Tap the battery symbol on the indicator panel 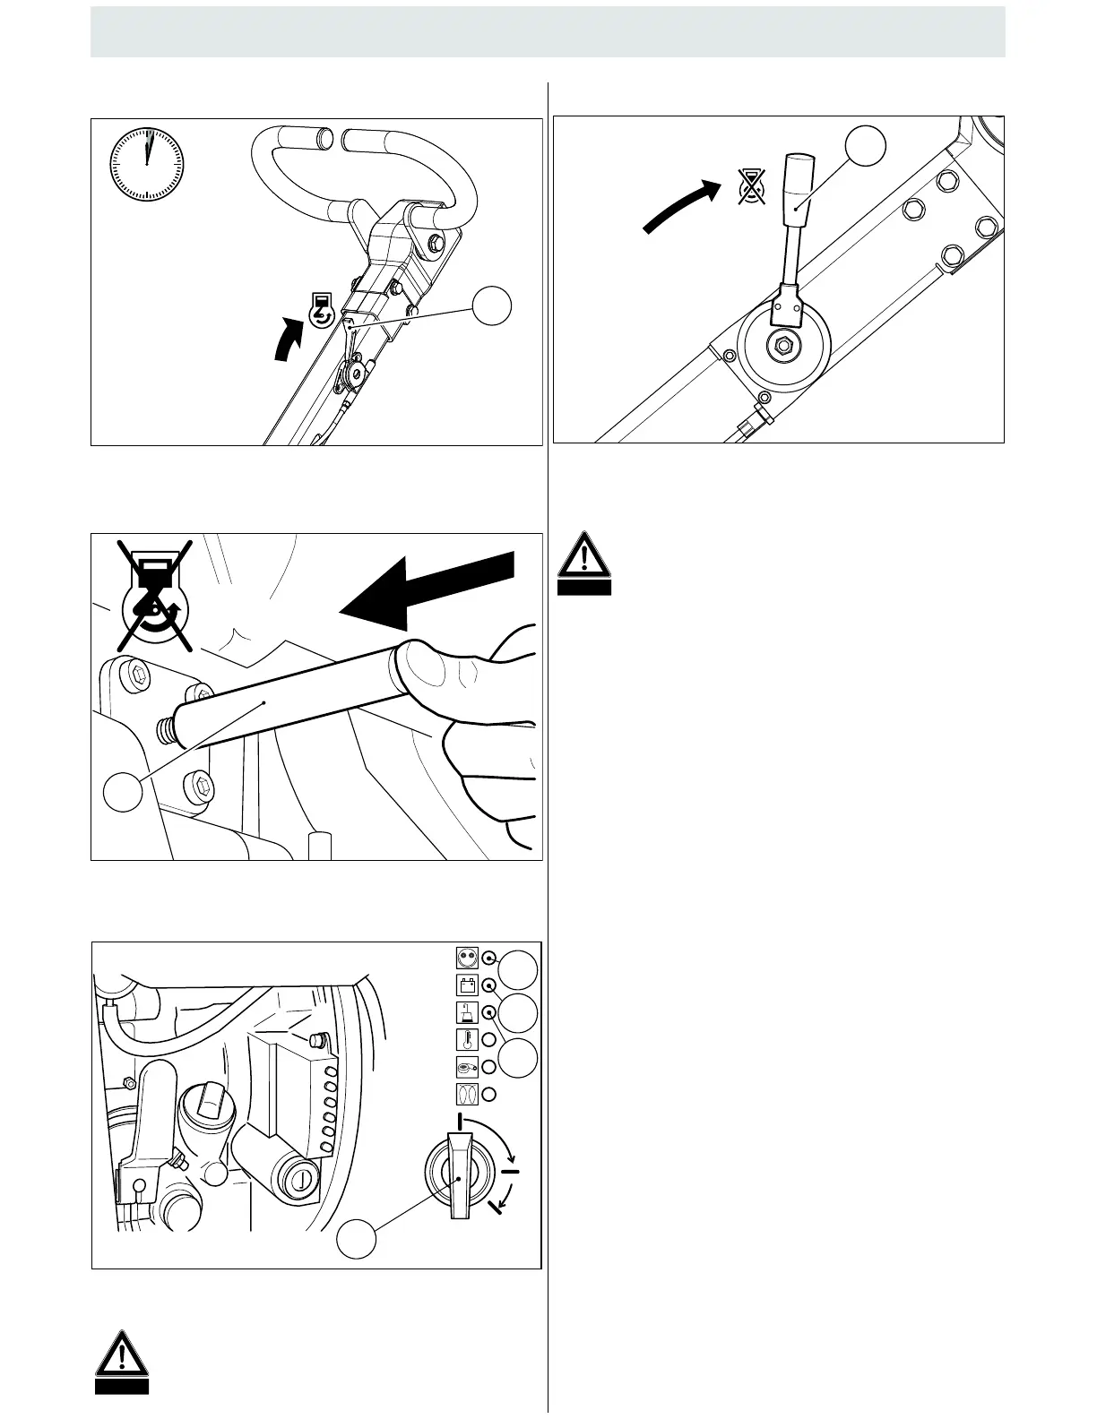[x=465, y=985]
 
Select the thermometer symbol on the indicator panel [x=465, y=1039]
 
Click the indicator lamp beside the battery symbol [x=489, y=985]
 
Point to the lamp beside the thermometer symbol [x=489, y=1039]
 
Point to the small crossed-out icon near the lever [x=752, y=186]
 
